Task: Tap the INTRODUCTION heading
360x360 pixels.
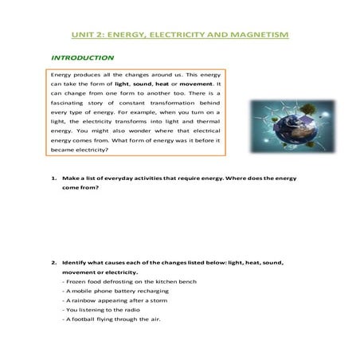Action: pyautogui.click(x=82, y=58)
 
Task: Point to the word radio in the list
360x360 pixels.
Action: pyautogui.click(x=124, y=310)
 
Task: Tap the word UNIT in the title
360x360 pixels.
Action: pyautogui.click(x=82, y=34)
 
